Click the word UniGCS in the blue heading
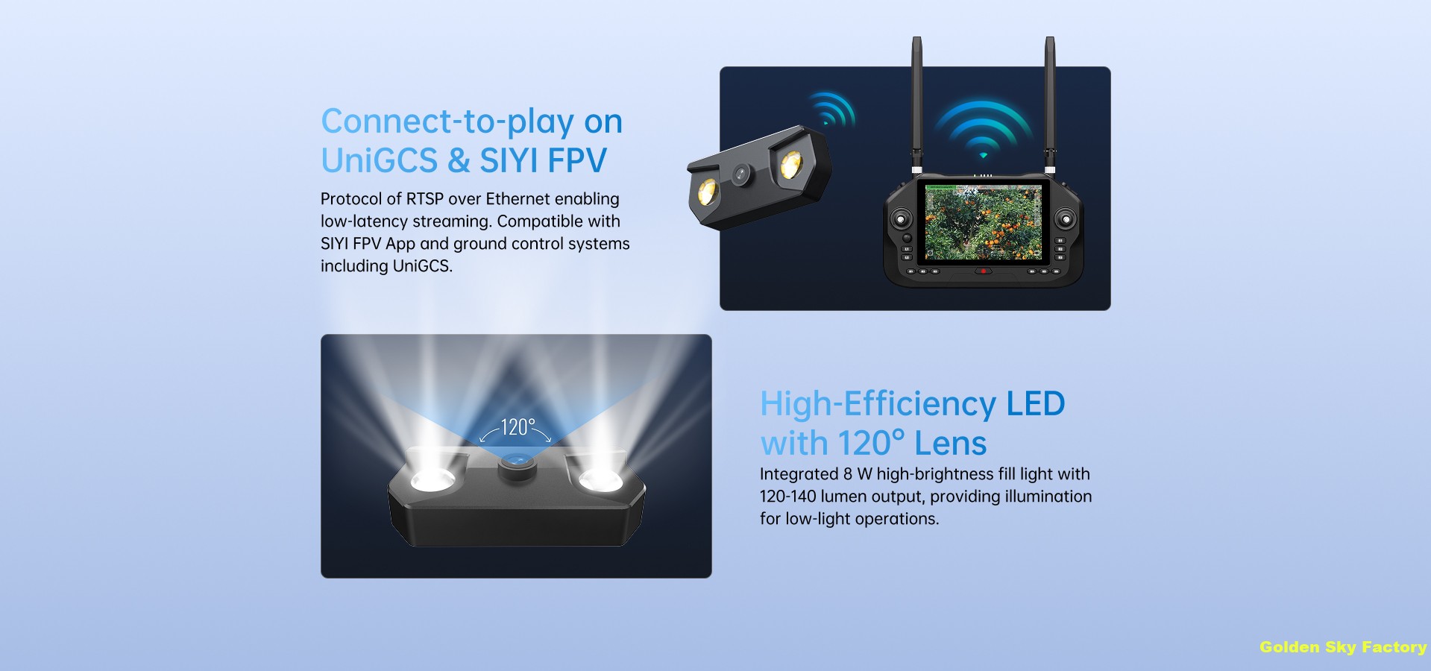pyautogui.click(x=380, y=160)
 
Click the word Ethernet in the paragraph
pyautogui.click(x=518, y=199)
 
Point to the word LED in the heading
pyautogui.click(x=1035, y=403)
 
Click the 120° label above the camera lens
pyautogui.click(x=517, y=427)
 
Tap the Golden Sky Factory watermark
pyautogui.click(x=1342, y=647)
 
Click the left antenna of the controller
pyautogui.click(x=916, y=104)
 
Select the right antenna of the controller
pyautogui.click(x=1049, y=104)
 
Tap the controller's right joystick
pyautogui.click(x=1066, y=219)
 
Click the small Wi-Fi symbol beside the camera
pyautogui.click(x=833, y=109)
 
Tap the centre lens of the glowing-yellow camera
pyautogui.click(x=740, y=174)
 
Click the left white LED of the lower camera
pyautogui.click(x=433, y=481)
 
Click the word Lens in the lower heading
pyautogui.click(x=951, y=443)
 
